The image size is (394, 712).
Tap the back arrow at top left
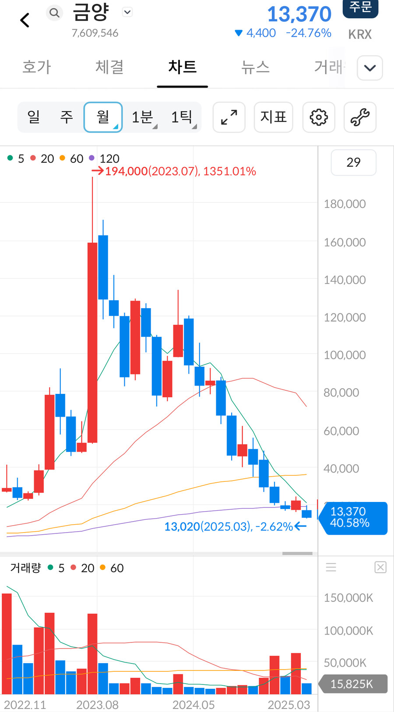click(25, 20)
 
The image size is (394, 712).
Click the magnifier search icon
click(54, 13)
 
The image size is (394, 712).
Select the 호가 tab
click(37, 67)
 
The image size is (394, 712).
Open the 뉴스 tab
click(255, 67)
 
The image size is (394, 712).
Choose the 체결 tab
click(109, 67)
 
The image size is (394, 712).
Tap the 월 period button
click(103, 117)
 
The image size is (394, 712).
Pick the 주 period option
click(67, 117)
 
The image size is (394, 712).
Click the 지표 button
click(273, 117)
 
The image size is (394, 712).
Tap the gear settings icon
click(319, 117)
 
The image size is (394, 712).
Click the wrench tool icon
click(360, 117)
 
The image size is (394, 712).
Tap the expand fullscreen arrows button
click(229, 117)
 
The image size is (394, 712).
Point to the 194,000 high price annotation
click(180, 171)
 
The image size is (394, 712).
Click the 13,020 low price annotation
click(228, 526)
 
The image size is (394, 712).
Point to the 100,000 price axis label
click(345, 355)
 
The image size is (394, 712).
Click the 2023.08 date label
click(97, 705)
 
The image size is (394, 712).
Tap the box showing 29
click(353, 162)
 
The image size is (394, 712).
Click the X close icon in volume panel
click(380, 568)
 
